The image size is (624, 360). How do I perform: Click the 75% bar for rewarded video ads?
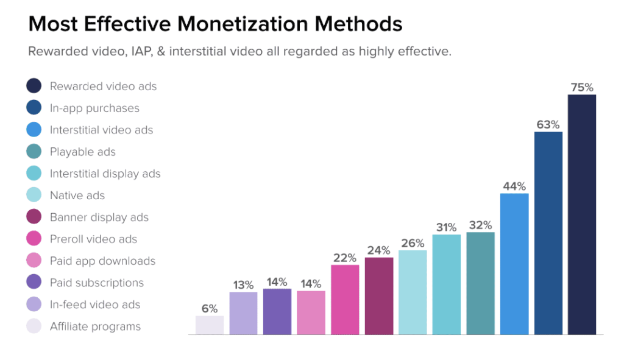(x=582, y=214)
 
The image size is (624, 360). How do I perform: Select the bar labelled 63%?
(x=548, y=233)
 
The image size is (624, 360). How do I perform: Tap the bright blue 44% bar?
(x=514, y=264)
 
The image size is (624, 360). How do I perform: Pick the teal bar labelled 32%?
(x=480, y=283)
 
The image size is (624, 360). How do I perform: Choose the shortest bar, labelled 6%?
(x=210, y=325)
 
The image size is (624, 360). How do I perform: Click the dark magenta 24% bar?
(x=379, y=296)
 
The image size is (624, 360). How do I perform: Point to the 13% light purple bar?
(x=243, y=314)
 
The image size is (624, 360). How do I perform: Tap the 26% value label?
(x=413, y=243)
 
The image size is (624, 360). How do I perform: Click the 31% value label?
(x=446, y=228)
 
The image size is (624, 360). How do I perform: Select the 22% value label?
(x=345, y=258)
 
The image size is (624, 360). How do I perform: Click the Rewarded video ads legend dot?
(x=34, y=85)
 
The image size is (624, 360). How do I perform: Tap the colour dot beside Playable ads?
(x=34, y=151)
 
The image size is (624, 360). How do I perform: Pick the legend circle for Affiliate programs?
(x=34, y=326)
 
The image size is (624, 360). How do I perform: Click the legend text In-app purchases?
(x=94, y=108)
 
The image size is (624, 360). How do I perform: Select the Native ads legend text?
(x=77, y=196)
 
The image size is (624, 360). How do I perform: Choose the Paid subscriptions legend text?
(x=97, y=283)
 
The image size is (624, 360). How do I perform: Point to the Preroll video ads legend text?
(x=93, y=239)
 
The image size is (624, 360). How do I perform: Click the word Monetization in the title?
(x=243, y=24)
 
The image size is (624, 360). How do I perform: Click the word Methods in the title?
(x=358, y=24)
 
